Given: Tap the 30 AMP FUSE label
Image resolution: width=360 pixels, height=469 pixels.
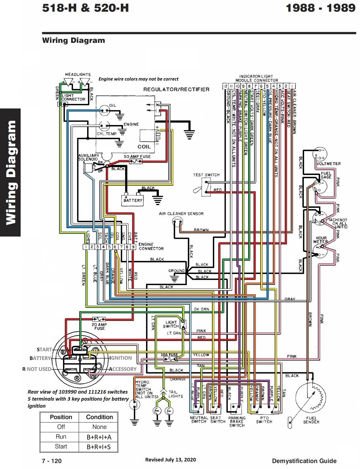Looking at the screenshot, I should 137,157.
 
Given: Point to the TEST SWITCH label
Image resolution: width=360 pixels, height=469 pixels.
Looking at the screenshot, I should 206,175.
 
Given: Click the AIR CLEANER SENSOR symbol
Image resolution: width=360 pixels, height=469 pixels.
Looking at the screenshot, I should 178,222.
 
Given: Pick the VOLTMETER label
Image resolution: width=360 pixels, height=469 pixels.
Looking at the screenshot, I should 329,164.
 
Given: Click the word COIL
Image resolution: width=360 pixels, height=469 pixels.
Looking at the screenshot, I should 144,147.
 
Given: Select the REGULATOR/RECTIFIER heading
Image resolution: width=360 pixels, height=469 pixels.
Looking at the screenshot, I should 176,89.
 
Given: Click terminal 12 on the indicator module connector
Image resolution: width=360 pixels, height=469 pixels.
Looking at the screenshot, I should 225,86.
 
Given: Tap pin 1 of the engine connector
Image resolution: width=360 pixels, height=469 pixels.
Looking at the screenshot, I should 86,247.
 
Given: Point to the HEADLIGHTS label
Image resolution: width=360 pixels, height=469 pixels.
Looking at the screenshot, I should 78,74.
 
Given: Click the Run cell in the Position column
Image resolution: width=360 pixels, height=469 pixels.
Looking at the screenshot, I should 61,437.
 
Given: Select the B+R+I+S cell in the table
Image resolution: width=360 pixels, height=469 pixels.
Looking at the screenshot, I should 99,447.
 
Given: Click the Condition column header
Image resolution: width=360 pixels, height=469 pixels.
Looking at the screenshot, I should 99,417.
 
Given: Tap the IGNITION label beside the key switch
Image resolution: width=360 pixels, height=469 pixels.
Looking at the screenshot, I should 121,358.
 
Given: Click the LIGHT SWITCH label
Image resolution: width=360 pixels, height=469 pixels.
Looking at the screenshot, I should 171,324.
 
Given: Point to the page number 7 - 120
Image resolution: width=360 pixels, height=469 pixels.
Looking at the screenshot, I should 52,461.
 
